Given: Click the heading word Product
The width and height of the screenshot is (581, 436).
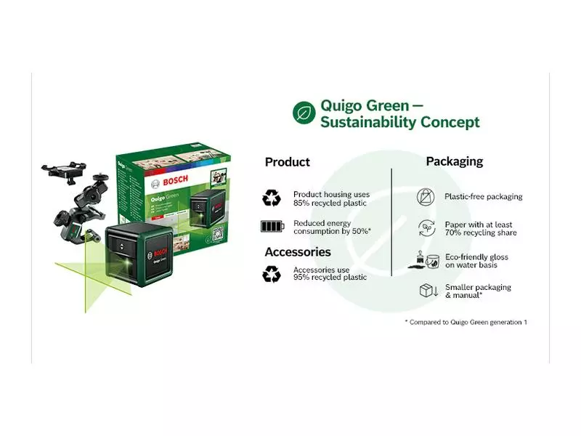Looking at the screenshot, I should [287, 162].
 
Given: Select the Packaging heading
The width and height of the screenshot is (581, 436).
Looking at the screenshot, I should [454, 161].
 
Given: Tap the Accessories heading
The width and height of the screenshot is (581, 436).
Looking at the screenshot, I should [297, 252].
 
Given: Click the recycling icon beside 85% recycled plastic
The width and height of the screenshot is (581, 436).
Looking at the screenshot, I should [272, 198].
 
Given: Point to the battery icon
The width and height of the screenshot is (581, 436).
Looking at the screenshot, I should [272, 227].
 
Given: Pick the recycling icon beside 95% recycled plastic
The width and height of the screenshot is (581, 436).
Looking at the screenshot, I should [272, 273].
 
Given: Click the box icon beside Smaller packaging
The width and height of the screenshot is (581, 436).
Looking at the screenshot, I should [426, 291].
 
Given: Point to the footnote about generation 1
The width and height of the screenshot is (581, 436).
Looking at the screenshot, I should [466, 321].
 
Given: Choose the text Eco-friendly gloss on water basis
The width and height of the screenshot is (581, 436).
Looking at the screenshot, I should [476, 261].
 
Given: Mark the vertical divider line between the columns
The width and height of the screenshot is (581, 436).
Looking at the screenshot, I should [391, 222].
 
